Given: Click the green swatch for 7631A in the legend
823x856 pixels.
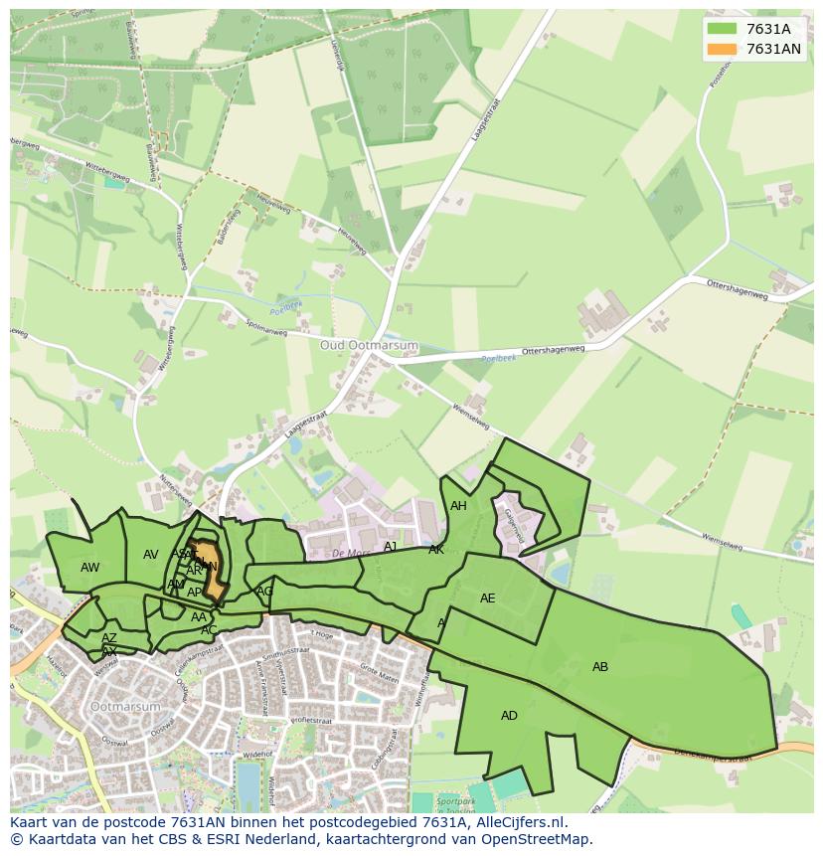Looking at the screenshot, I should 722,29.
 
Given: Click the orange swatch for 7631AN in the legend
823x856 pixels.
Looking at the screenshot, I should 722,49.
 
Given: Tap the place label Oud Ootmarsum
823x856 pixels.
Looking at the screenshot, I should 369,345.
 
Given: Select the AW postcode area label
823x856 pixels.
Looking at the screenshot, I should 90,568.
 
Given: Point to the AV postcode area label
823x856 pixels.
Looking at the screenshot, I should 151,555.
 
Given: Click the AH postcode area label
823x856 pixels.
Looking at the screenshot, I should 458,506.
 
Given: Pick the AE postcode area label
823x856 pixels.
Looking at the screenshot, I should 487,599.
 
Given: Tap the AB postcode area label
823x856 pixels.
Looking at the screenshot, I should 600,667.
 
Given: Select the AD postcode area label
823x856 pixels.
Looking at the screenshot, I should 509,716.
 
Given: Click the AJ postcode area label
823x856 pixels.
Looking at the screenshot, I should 391,547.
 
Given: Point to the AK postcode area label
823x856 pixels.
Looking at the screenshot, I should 436,550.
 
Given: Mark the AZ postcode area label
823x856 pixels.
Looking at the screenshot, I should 109,638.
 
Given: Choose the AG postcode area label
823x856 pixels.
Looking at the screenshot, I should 264,592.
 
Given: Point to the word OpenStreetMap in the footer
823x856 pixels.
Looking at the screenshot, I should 542,839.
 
